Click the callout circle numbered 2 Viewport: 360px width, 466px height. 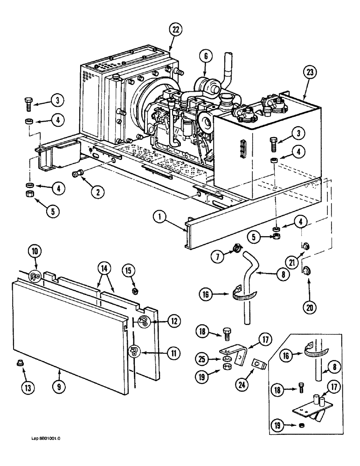coord(97,191)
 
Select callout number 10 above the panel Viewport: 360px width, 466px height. coord(36,253)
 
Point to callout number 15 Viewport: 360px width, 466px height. coord(128,271)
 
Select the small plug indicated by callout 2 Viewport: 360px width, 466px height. coord(76,174)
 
